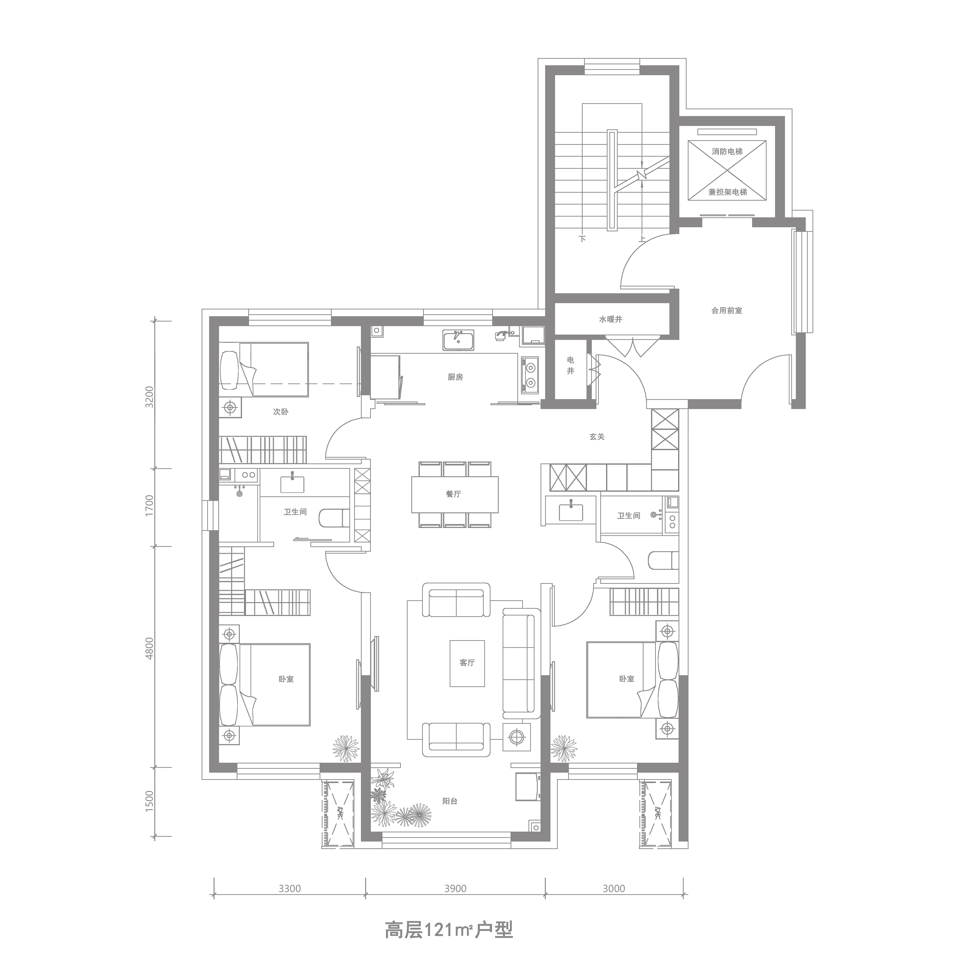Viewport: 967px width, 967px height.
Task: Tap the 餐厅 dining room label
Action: point(454,494)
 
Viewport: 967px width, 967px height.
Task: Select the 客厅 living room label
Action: point(467,663)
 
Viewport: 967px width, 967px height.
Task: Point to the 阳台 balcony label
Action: point(450,801)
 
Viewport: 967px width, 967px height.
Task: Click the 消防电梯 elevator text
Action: point(727,152)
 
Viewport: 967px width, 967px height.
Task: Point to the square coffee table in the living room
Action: point(467,663)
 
